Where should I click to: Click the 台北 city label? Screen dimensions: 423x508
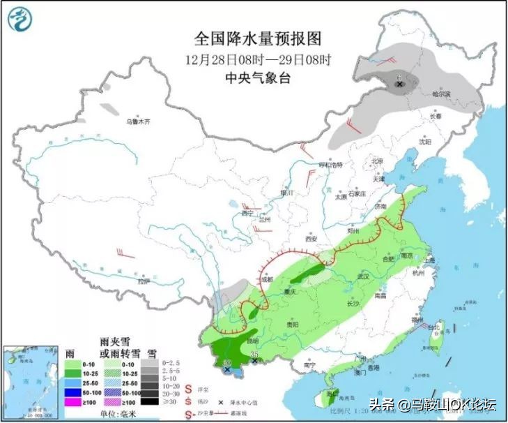tap(433, 327)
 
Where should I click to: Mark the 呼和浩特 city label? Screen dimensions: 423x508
tap(332, 165)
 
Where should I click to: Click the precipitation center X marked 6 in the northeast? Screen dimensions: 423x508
tap(399, 85)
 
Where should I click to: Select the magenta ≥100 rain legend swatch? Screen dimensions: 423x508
tap(73, 402)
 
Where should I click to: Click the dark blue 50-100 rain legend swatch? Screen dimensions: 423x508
tap(73, 392)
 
